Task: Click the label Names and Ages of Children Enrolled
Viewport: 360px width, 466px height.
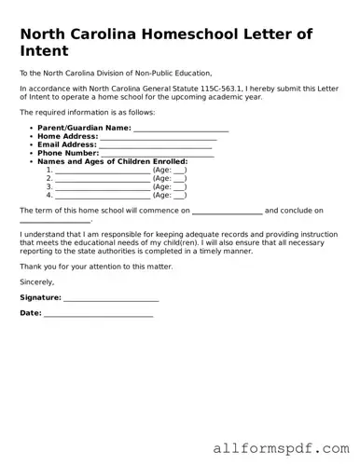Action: point(112,161)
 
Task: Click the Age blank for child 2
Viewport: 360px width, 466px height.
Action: point(180,179)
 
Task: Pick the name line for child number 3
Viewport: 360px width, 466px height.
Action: point(103,187)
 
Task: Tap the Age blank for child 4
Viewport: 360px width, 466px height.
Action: point(180,196)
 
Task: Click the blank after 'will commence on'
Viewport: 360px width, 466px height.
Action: point(227,212)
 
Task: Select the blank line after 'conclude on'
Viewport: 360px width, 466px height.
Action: point(55,222)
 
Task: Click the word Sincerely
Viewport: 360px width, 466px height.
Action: point(37,281)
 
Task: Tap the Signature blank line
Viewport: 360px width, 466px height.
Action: point(111,298)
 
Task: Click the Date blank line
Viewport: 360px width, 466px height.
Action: point(98,314)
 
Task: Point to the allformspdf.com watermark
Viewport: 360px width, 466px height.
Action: point(281,447)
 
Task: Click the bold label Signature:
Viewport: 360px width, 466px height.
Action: point(40,297)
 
